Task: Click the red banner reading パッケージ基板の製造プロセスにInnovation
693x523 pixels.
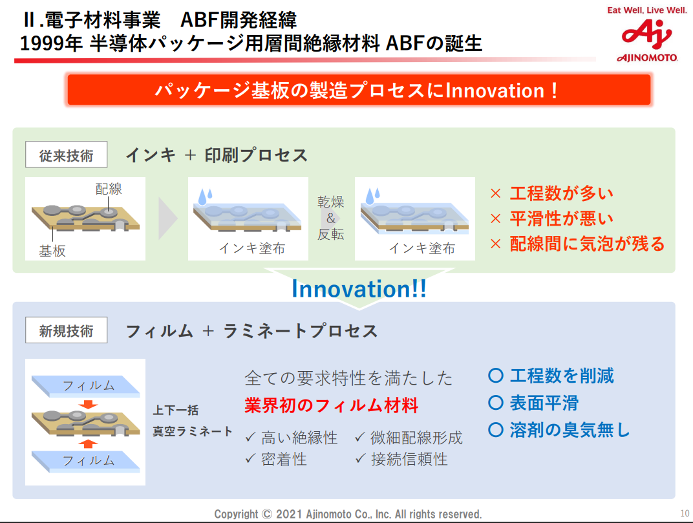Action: click(x=359, y=90)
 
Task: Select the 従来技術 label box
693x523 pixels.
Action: click(x=66, y=156)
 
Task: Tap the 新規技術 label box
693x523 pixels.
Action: click(x=66, y=331)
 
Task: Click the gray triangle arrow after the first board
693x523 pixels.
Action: click(x=167, y=219)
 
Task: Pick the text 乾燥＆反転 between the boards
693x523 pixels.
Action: click(x=330, y=218)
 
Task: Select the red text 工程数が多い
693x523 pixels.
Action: click(x=560, y=193)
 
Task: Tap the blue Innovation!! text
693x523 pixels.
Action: click(x=359, y=289)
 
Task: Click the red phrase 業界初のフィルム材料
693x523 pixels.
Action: click(x=331, y=405)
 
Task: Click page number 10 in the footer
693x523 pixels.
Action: click(x=685, y=513)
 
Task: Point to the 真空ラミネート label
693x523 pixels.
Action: click(x=193, y=431)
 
